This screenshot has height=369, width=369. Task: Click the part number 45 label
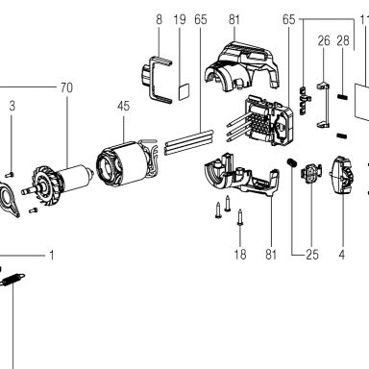tap(123, 106)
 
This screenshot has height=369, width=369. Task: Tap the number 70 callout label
tap(66, 87)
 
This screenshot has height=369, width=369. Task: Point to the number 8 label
tap(160, 19)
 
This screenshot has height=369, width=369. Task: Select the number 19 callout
tap(180, 19)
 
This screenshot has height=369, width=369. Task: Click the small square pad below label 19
tap(184, 92)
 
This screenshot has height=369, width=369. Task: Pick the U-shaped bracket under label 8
tap(156, 80)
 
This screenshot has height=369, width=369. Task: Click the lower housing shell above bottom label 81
tap(242, 176)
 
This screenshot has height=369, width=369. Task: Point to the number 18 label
tap(240, 255)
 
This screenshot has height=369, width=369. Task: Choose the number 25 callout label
tap(312, 255)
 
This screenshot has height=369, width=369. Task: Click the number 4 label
tap(342, 255)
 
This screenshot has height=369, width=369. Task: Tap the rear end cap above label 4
tap(342, 175)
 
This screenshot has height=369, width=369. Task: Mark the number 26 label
tap(324, 41)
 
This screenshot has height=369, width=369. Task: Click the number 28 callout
tap(343, 41)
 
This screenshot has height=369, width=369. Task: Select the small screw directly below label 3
tap(11, 174)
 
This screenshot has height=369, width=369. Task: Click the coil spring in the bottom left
tap(12, 279)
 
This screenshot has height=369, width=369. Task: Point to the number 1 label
tap(51, 256)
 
